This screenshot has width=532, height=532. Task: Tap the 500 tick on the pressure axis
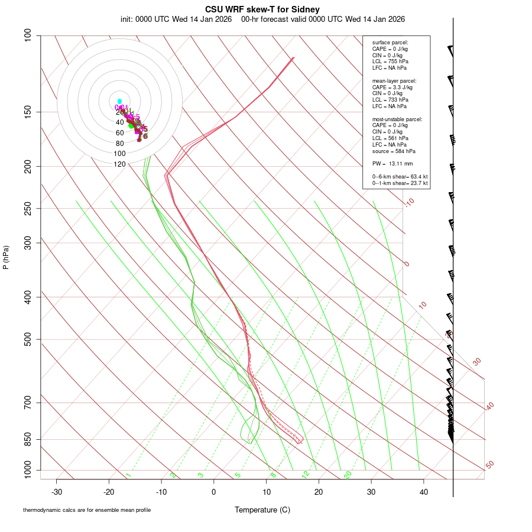tap(28, 339)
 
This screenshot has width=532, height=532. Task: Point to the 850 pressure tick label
tap(28, 439)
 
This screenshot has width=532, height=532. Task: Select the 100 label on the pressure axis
tap(28, 35)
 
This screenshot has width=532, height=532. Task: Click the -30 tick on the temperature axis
tap(57, 491)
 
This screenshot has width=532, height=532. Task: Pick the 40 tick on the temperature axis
tap(424, 491)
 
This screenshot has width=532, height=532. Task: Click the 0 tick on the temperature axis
tap(214, 491)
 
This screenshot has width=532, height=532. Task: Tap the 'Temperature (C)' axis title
tap(262, 510)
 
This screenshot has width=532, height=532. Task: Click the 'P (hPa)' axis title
tap(6, 257)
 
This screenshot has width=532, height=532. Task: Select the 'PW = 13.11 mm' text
tap(392, 163)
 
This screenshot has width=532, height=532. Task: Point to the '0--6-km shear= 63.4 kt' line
tap(400, 177)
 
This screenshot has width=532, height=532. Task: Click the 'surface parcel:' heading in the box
tap(390, 43)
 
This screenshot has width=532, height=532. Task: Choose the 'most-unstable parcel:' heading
tap(397, 119)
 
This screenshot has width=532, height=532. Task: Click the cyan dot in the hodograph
tap(119, 101)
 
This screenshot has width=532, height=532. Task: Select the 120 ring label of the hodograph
tap(119, 164)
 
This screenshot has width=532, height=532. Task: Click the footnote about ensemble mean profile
tap(87, 510)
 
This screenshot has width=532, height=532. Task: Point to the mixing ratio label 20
tap(348, 475)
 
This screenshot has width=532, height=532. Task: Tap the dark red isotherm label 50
tap(489, 465)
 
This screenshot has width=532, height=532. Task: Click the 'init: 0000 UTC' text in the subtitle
tap(144, 19)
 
